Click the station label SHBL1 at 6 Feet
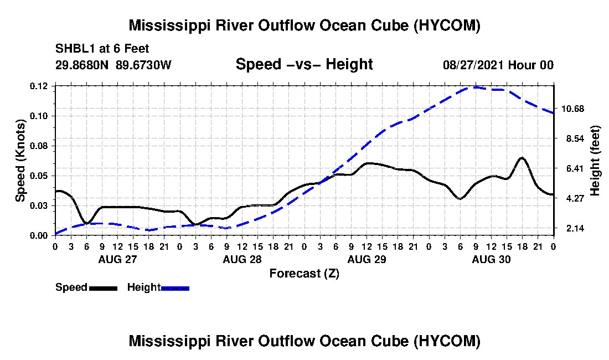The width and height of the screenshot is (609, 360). (102, 49)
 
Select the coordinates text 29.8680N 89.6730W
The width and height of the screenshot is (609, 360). (113, 65)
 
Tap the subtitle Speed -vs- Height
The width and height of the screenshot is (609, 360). (304, 64)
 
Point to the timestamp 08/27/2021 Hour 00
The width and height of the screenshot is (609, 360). (498, 65)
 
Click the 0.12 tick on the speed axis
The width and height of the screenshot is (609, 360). (39, 86)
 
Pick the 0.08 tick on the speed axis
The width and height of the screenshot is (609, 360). (39, 146)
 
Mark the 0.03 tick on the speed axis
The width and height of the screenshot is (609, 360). (39, 206)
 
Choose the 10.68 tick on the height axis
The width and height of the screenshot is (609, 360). (573, 109)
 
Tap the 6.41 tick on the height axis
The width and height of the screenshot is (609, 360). (575, 168)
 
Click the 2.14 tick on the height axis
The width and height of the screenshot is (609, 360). (575, 228)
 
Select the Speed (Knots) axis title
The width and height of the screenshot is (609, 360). (20, 161)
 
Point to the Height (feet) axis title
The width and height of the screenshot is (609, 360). (595, 161)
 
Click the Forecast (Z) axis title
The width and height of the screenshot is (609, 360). (304, 274)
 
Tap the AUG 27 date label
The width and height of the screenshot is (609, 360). (118, 259)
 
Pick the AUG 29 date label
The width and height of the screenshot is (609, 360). (367, 259)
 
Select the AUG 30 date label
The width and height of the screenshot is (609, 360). (491, 259)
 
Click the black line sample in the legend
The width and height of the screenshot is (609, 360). (104, 288)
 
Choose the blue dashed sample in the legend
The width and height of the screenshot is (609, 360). (175, 288)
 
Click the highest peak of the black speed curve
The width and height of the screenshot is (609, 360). (522, 158)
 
